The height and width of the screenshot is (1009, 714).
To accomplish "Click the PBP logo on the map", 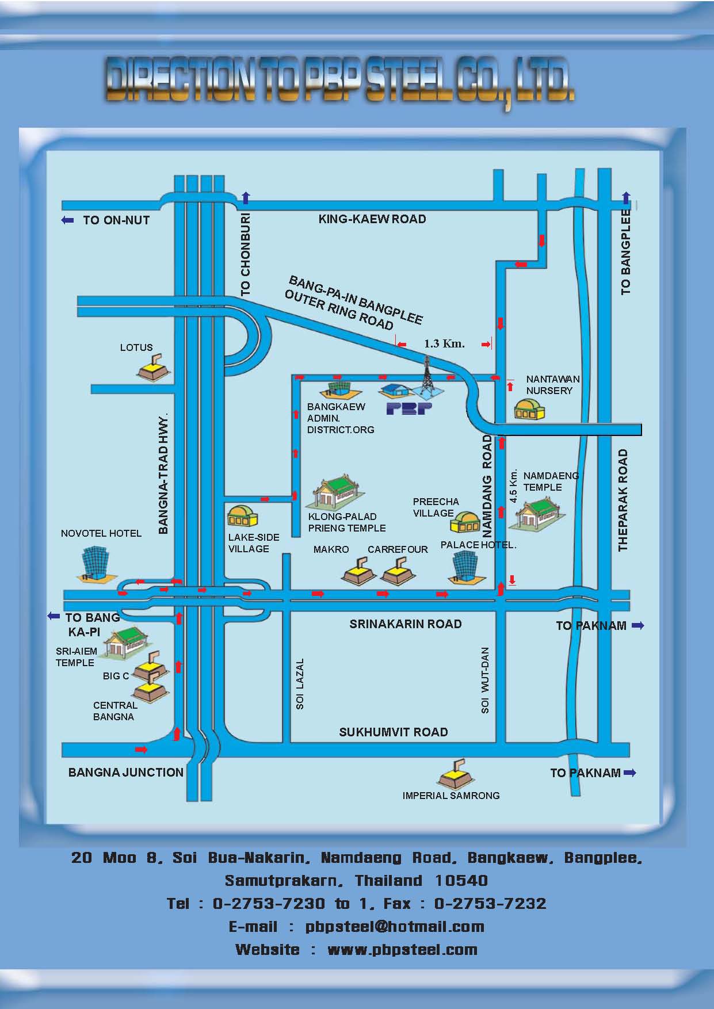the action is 409,409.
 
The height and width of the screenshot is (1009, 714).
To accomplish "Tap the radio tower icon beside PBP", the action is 426,377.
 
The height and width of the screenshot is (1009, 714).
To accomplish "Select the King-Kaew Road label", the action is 372,219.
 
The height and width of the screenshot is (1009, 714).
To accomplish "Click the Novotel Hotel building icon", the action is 94,563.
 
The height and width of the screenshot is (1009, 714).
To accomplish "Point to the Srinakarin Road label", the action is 406,624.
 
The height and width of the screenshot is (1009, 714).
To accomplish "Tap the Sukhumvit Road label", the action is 394,732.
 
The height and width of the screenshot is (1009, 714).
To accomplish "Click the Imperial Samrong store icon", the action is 456,774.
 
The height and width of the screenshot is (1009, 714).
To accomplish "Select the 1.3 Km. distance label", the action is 444,344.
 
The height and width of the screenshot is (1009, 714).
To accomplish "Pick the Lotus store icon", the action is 154,368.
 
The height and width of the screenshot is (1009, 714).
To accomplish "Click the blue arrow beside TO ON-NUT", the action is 68,220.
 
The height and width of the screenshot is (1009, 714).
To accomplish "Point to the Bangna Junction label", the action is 126,773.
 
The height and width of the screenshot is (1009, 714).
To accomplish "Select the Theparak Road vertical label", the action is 623,500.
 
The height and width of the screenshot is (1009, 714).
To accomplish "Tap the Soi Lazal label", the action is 300,683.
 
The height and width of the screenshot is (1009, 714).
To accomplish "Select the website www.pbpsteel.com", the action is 402,950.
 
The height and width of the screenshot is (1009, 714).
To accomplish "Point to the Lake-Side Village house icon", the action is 242,516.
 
